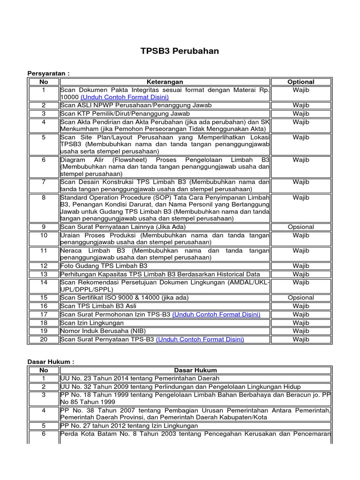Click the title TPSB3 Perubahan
click(x=180, y=51)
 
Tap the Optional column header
click(x=300, y=82)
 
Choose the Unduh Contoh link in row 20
click(x=200, y=339)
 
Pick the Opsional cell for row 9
click(x=300, y=227)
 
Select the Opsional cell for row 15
click(x=300, y=298)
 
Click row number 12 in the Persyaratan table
click(x=44, y=266)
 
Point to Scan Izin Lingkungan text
click(x=92, y=322)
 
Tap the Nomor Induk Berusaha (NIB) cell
click(x=100, y=331)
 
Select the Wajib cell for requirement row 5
click(x=300, y=137)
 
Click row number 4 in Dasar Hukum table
click(x=44, y=410)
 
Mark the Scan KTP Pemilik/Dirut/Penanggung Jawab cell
click(x=125, y=113)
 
